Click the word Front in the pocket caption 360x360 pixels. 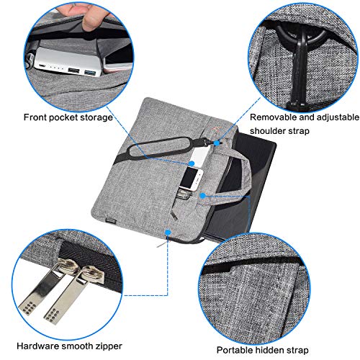coord(35,117)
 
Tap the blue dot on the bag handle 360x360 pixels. coord(203,196)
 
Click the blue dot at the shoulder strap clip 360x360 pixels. coord(217,143)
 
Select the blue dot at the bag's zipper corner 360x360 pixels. coord(168,232)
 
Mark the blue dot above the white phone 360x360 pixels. coord(192,163)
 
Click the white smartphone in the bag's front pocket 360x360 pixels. coord(192,179)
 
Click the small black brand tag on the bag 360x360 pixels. coord(111,220)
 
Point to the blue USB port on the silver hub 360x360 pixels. coord(91,72)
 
